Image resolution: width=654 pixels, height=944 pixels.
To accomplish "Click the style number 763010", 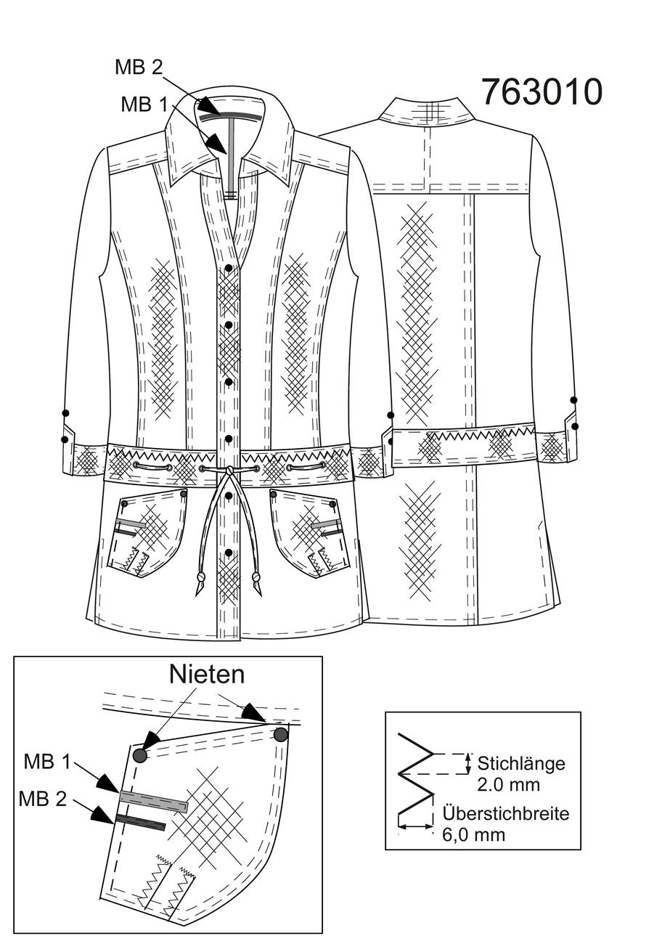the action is click(x=542, y=92).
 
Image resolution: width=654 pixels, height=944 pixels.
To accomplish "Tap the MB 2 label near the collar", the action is click(x=139, y=67).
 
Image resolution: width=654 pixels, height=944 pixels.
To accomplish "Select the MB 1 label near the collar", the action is click(x=144, y=104).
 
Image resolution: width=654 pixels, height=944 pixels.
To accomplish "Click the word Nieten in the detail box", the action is click(x=207, y=675).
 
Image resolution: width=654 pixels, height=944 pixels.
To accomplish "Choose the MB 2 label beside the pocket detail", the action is click(x=43, y=799).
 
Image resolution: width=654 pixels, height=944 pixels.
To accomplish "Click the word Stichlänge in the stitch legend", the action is click(x=521, y=764).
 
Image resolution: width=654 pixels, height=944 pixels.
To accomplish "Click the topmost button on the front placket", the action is click(x=229, y=268).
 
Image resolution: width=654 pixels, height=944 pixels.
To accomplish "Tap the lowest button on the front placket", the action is click(x=229, y=553).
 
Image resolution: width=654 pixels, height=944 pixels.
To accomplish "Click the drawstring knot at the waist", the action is click(x=229, y=470).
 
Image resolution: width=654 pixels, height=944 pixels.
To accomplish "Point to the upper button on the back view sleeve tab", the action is click(x=573, y=399).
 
